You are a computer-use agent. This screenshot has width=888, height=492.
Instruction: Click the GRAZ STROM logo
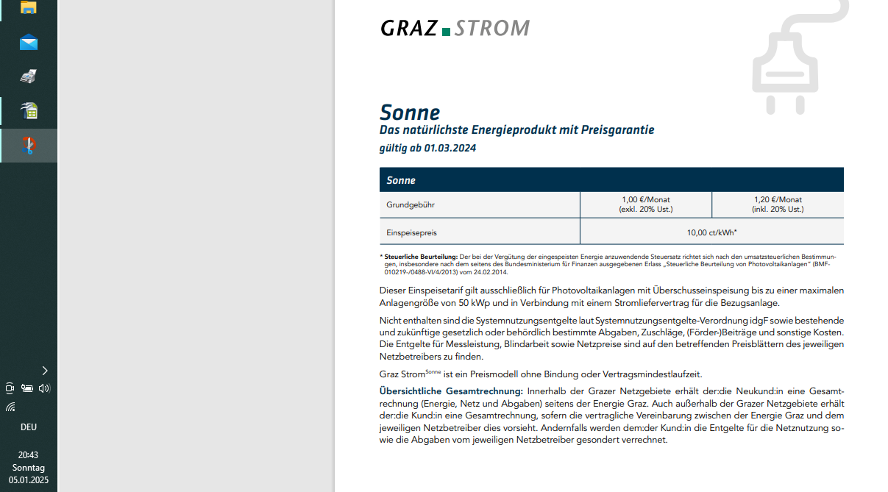coord(455,29)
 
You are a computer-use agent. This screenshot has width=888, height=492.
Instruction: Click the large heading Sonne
coord(410,113)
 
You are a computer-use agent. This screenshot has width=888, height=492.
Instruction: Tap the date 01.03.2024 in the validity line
coord(450,148)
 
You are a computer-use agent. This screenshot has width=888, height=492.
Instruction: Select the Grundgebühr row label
coord(405,204)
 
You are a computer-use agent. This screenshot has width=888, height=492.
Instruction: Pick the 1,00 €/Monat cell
coord(645,204)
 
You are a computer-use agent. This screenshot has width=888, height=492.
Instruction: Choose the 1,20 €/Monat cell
coord(778,204)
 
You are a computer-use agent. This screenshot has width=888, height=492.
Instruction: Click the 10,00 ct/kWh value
coord(711,232)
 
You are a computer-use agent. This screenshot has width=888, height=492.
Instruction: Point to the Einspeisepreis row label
coord(411,232)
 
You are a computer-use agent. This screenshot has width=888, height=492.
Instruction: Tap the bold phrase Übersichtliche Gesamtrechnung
coord(451,391)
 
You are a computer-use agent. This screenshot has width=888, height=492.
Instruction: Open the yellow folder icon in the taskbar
coord(29,7)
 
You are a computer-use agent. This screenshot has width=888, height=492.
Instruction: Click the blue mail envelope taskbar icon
coord(29,42)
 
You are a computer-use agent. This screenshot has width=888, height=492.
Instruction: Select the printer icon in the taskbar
coord(29,76)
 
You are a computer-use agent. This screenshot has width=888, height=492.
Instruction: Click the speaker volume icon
coord(44,388)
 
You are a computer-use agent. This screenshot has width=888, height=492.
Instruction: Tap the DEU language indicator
coord(29,427)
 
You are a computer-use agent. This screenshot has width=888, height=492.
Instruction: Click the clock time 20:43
coord(29,455)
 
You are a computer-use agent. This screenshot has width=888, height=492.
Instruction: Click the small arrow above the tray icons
coord(45,371)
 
